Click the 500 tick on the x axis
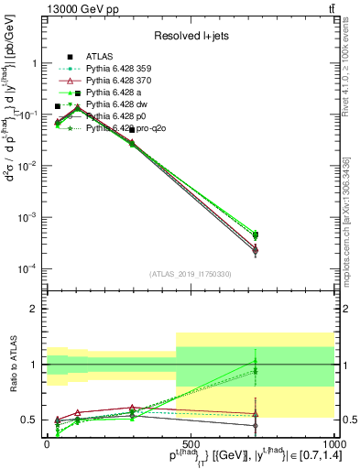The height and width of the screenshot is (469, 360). pos(191,443)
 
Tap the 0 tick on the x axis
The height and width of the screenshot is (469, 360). pos(47,443)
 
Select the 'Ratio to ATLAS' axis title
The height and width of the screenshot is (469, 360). pos(12,364)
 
